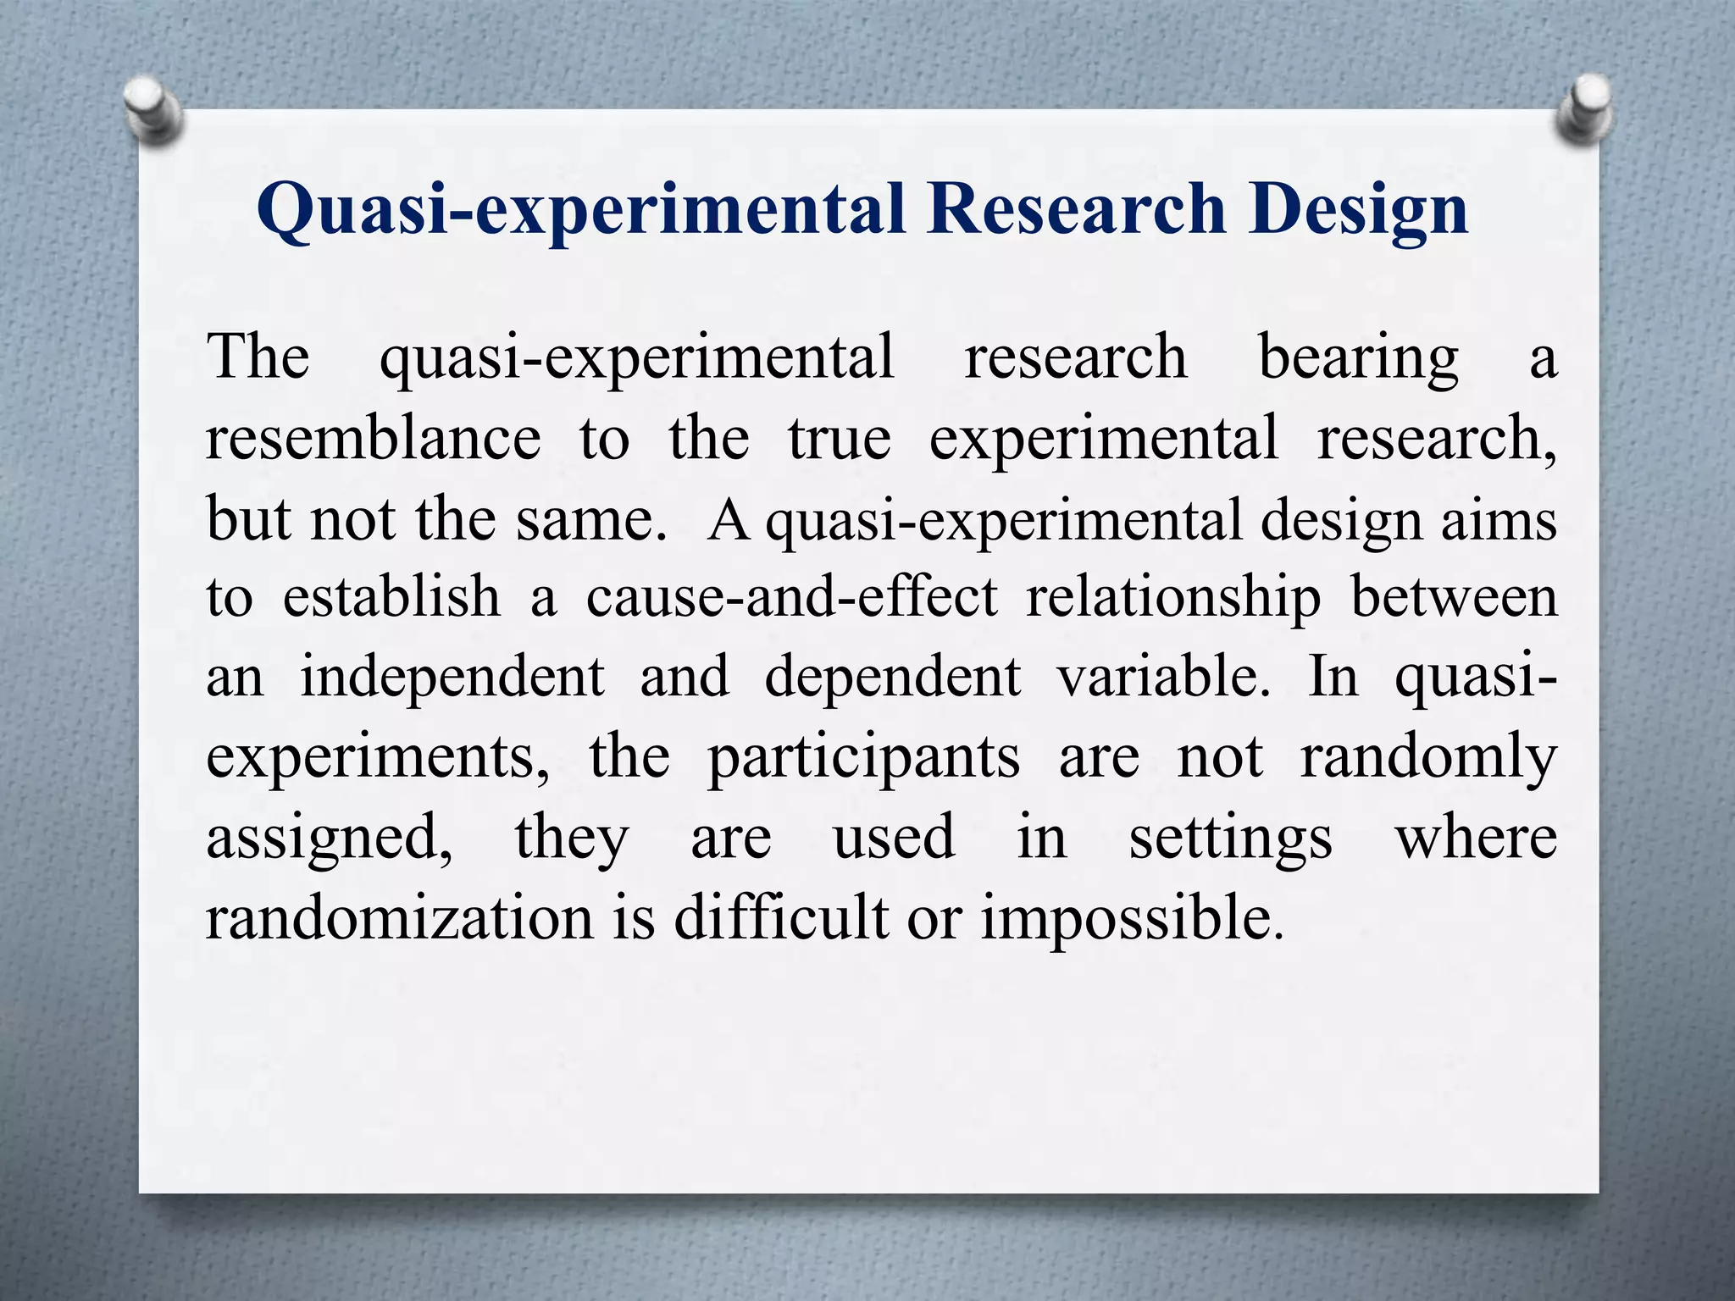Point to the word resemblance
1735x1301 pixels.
click(374, 439)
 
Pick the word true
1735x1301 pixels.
click(840, 439)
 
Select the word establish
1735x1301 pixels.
click(391, 597)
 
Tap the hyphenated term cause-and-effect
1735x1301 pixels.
click(792, 597)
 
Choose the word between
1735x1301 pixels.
click(1454, 597)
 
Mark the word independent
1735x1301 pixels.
click(453, 678)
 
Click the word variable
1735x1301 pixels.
click(1163, 677)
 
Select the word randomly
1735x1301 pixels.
click(1428, 758)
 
